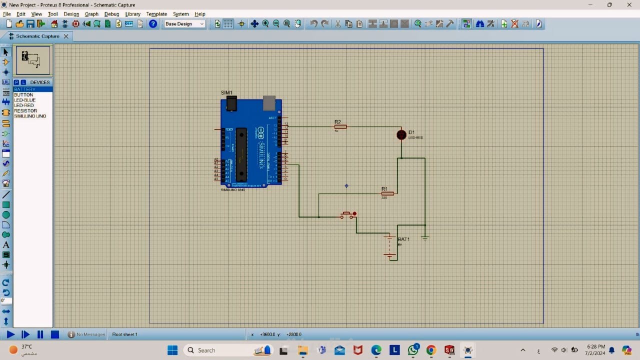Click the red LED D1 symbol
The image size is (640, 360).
coord(401,134)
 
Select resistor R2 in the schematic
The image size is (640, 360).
coord(340,126)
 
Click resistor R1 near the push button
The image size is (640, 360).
coord(387,193)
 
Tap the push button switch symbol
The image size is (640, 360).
coord(348,215)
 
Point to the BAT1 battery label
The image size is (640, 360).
coord(403,239)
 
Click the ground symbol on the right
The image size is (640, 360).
coord(425,237)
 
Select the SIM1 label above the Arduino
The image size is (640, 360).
coord(226,92)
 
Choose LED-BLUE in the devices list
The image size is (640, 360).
coord(24,100)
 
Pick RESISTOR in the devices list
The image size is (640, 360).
coord(25,110)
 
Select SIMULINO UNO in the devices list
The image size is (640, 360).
coord(30,116)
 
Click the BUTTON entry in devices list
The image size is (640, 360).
coord(23,94)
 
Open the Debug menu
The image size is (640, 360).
coord(111,14)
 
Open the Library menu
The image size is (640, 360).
coord(132,14)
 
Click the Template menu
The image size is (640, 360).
coord(156,14)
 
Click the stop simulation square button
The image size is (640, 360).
coord(55,334)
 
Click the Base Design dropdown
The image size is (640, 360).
coord(184,24)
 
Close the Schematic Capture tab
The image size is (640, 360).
coord(66,36)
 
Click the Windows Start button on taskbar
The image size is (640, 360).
coord(172,350)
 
